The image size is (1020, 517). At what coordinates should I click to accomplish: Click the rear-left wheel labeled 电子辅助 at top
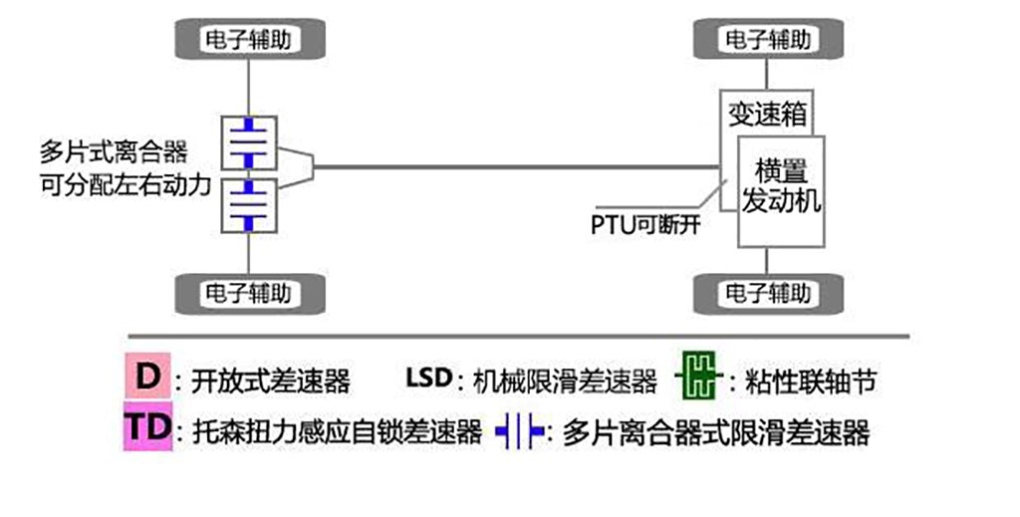249,40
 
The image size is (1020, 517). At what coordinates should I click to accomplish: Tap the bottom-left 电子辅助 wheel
249,294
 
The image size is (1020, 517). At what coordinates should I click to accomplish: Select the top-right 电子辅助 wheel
767,40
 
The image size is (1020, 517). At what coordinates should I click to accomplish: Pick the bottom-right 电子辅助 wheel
767,294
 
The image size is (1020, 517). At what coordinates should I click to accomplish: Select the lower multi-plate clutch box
248,204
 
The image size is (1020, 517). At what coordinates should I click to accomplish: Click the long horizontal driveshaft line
518,166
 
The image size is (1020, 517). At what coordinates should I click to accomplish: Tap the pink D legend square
147,378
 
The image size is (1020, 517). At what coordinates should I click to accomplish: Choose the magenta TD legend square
147,429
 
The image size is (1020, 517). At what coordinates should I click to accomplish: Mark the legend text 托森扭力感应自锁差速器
329,432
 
